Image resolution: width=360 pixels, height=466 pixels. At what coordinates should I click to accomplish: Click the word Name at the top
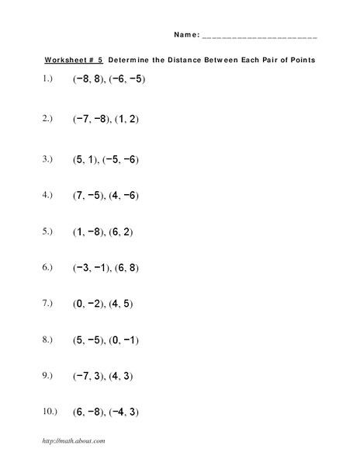(x=185, y=35)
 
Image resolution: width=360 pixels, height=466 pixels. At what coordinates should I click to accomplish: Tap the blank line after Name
(x=259, y=37)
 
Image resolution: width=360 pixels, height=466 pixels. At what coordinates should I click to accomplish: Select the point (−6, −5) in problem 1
(x=127, y=79)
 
